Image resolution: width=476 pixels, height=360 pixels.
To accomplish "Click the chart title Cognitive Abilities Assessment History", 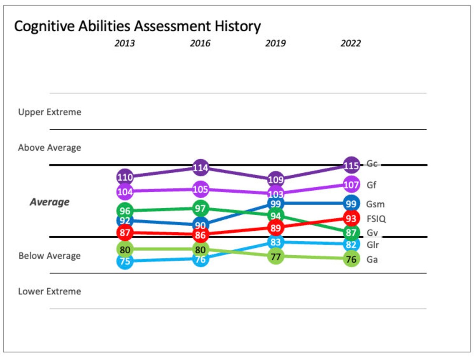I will click(x=137, y=26).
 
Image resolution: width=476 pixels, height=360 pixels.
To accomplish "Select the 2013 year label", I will click(x=125, y=44).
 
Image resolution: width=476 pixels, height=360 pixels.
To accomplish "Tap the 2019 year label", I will click(x=276, y=44).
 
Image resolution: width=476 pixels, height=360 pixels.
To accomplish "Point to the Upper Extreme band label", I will click(x=50, y=112).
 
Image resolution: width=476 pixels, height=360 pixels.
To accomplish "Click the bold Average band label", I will click(x=50, y=202).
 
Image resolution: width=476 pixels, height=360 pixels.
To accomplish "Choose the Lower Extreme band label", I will click(x=50, y=291).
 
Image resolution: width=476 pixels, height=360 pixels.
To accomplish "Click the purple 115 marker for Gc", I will click(x=351, y=166).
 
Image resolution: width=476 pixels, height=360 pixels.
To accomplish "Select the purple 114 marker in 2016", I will click(x=200, y=168).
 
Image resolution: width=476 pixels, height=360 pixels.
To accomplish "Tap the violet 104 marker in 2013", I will click(x=125, y=192).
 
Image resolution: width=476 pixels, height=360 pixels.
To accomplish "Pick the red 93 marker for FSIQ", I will click(x=351, y=218).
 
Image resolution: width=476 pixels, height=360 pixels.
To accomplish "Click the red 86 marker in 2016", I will click(x=200, y=235).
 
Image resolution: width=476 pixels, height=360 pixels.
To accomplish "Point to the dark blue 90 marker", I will click(x=200, y=225).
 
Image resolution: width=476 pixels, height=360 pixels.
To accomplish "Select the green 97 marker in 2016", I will click(x=200, y=208).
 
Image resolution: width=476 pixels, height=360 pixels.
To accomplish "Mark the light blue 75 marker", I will click(x=125, y=262).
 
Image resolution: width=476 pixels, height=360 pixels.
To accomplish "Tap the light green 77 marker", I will click(x=276, y=256).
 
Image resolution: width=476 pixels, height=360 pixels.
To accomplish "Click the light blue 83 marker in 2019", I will click(x=276, y=242).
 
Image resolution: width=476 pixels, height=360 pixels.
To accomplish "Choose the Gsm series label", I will click(x=375, y=204).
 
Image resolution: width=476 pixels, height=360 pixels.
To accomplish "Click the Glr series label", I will click(x=372, y=245).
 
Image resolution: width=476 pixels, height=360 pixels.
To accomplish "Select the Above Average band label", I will click(x=50, y=148).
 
